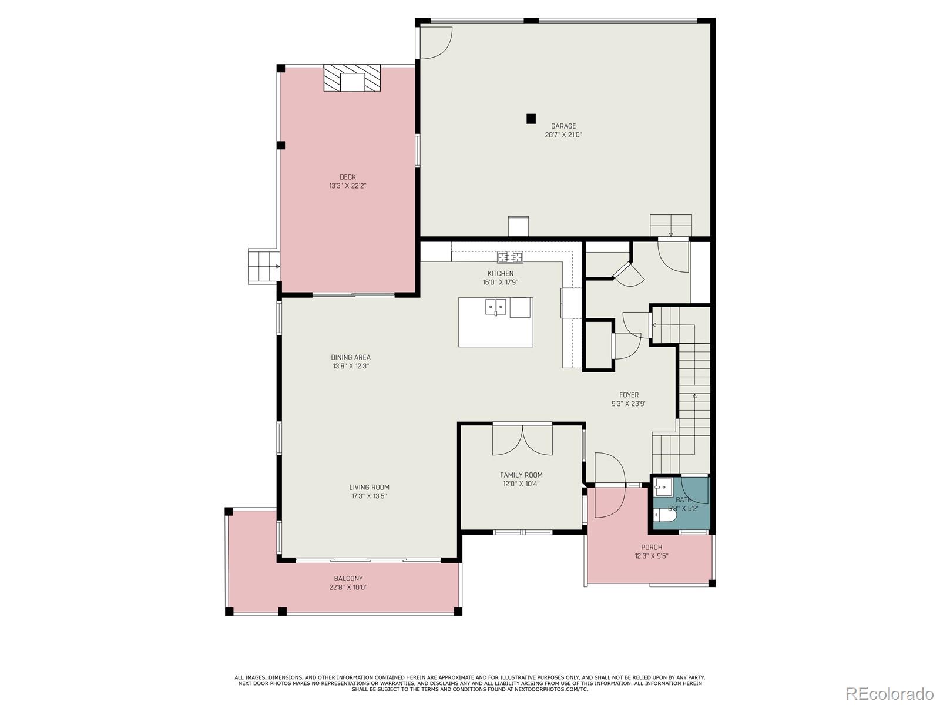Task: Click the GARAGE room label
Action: pyautogui.click(x=563, y=126)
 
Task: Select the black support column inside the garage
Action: pyautogui.click(x=531, y=119)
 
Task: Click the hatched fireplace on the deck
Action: pyautogui.click(x=352, y=78)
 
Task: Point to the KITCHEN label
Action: pyautogui.click(x=500, y=273)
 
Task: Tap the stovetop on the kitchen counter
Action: pyautogui.click(x=510, y=257)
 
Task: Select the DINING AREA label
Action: pyautogui.click(x=351, y=357)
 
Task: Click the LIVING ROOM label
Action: pyautogui.click(x=369, y=487)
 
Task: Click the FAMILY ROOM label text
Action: pyautogui.click(x=521, y=475)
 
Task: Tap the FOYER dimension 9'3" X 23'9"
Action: pyautogui.click(x=629, y=404)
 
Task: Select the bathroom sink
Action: pyautogui.click(x=663, y=486)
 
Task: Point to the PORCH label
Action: pyautogui.click(x=652, y=547)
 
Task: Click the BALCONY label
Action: pyautogui.click(x=348, y=578)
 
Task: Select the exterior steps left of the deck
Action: pyautogui.click(x=263, y=267)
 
